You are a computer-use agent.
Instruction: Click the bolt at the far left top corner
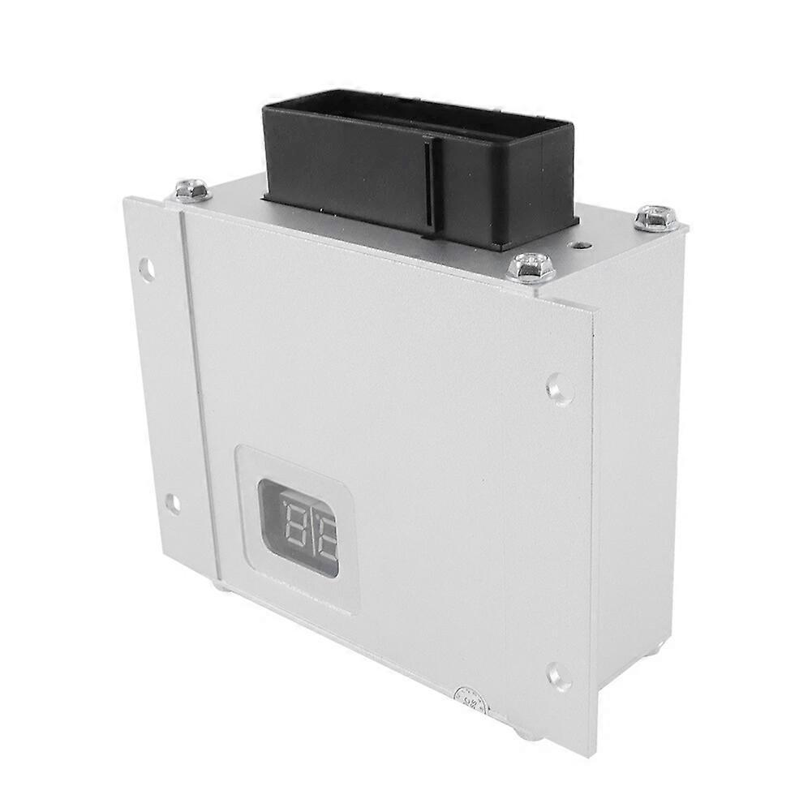click(x=193, y=190)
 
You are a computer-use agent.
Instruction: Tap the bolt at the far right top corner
click(x=655, y=217)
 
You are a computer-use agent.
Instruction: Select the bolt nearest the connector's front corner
click(x=531, y=266)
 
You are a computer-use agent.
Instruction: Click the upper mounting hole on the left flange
click(x=147, y=269)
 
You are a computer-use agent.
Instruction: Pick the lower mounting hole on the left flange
click(x=172, y=504)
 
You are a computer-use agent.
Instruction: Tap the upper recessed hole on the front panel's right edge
click(x=559, y=389)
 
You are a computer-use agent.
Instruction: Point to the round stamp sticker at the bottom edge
click(x=469, y=699)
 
